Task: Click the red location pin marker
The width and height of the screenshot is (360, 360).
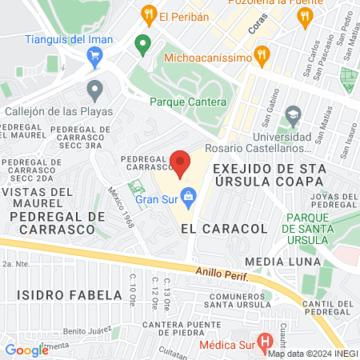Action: [x=181, y=164]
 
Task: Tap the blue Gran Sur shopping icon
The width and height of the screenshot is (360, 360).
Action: [x=189, y=194]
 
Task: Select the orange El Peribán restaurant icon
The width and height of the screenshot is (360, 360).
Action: [x=147, y=14]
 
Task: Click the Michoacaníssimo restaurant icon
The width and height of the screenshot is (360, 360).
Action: [x=261, y=55]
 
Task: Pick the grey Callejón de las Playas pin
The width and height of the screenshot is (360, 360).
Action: [x=94, y=90]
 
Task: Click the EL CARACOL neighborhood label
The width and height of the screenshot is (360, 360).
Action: [x=212, y=229]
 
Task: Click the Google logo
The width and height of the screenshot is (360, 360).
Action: [x=26, y=350]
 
